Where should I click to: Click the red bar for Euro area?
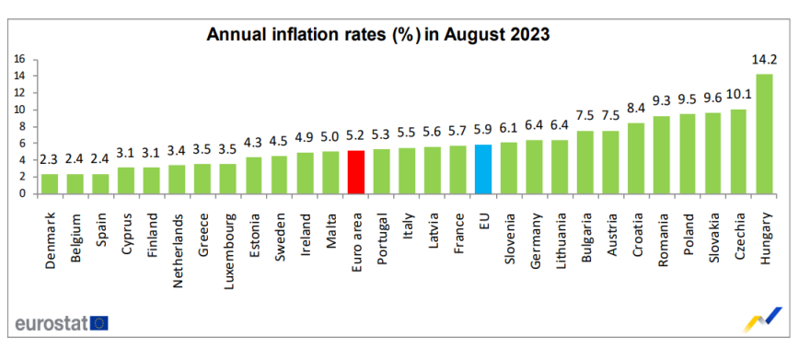click(357, 172)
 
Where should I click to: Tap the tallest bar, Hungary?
click(764, 134)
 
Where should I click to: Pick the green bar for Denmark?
click(51, 184)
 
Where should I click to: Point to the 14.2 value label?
click(764, 61)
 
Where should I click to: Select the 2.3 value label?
click(51, 161)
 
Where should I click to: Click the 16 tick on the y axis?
click(18, 59)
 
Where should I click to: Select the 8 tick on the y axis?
click(21, 126)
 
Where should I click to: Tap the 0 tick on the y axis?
click(21, 193)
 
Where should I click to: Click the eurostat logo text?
click(51, 322)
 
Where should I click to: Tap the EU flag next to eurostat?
click(98, 322)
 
